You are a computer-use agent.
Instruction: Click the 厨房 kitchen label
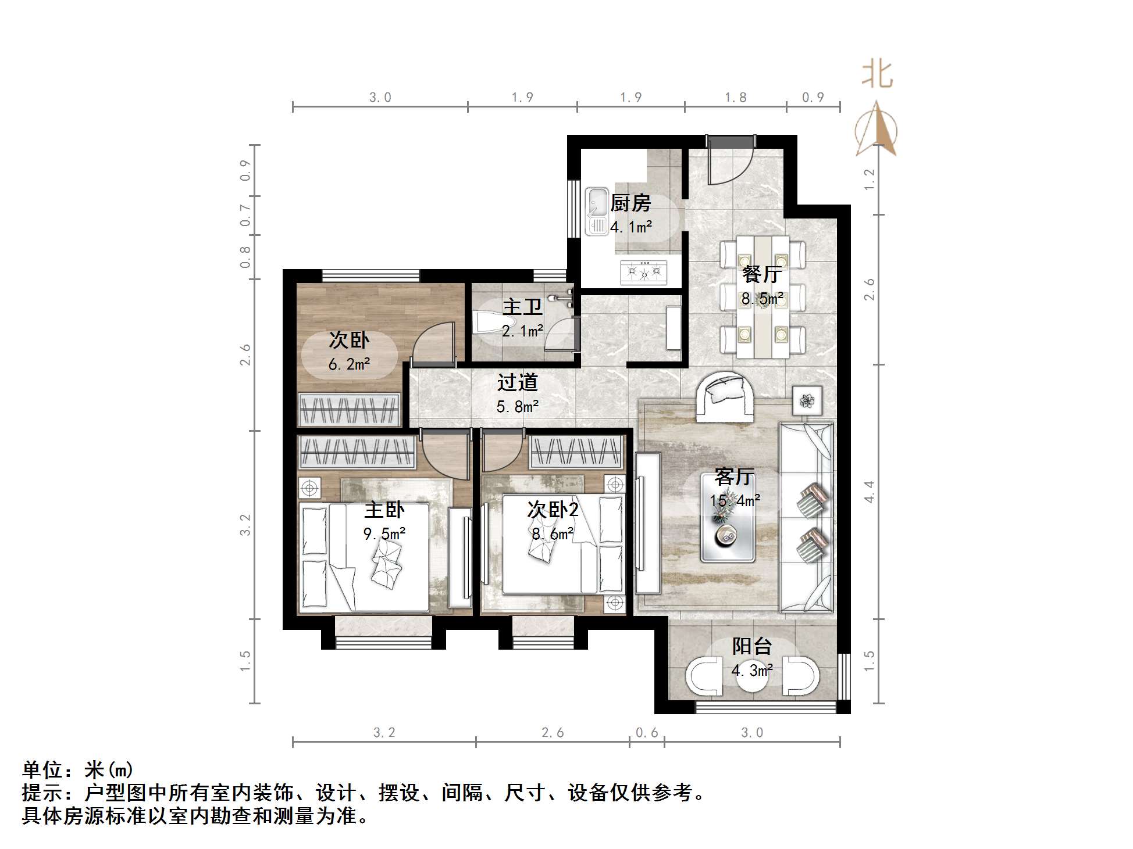630,203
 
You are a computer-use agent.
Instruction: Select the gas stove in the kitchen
644,271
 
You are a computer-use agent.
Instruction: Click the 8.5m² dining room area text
762,299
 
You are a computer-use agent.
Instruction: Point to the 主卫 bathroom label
522,307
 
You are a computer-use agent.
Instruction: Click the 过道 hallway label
517,382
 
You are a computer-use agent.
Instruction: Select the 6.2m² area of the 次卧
349,364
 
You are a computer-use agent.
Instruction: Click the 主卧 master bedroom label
384,510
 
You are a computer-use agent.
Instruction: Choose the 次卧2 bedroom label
553,510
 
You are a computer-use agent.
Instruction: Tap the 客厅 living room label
735,477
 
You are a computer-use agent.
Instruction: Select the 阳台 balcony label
751,646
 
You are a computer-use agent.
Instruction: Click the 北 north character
877,76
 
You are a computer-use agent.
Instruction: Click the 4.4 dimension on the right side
869,492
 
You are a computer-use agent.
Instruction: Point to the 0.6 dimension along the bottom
647,733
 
